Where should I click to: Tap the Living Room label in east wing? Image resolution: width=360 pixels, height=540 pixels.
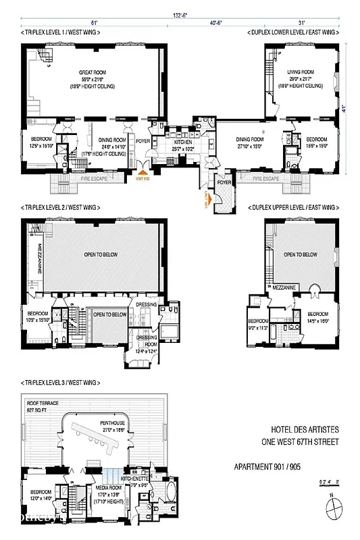301,72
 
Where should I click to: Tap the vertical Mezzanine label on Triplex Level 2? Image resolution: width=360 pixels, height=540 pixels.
40,256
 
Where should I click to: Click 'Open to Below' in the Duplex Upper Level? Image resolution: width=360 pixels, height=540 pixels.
301,254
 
